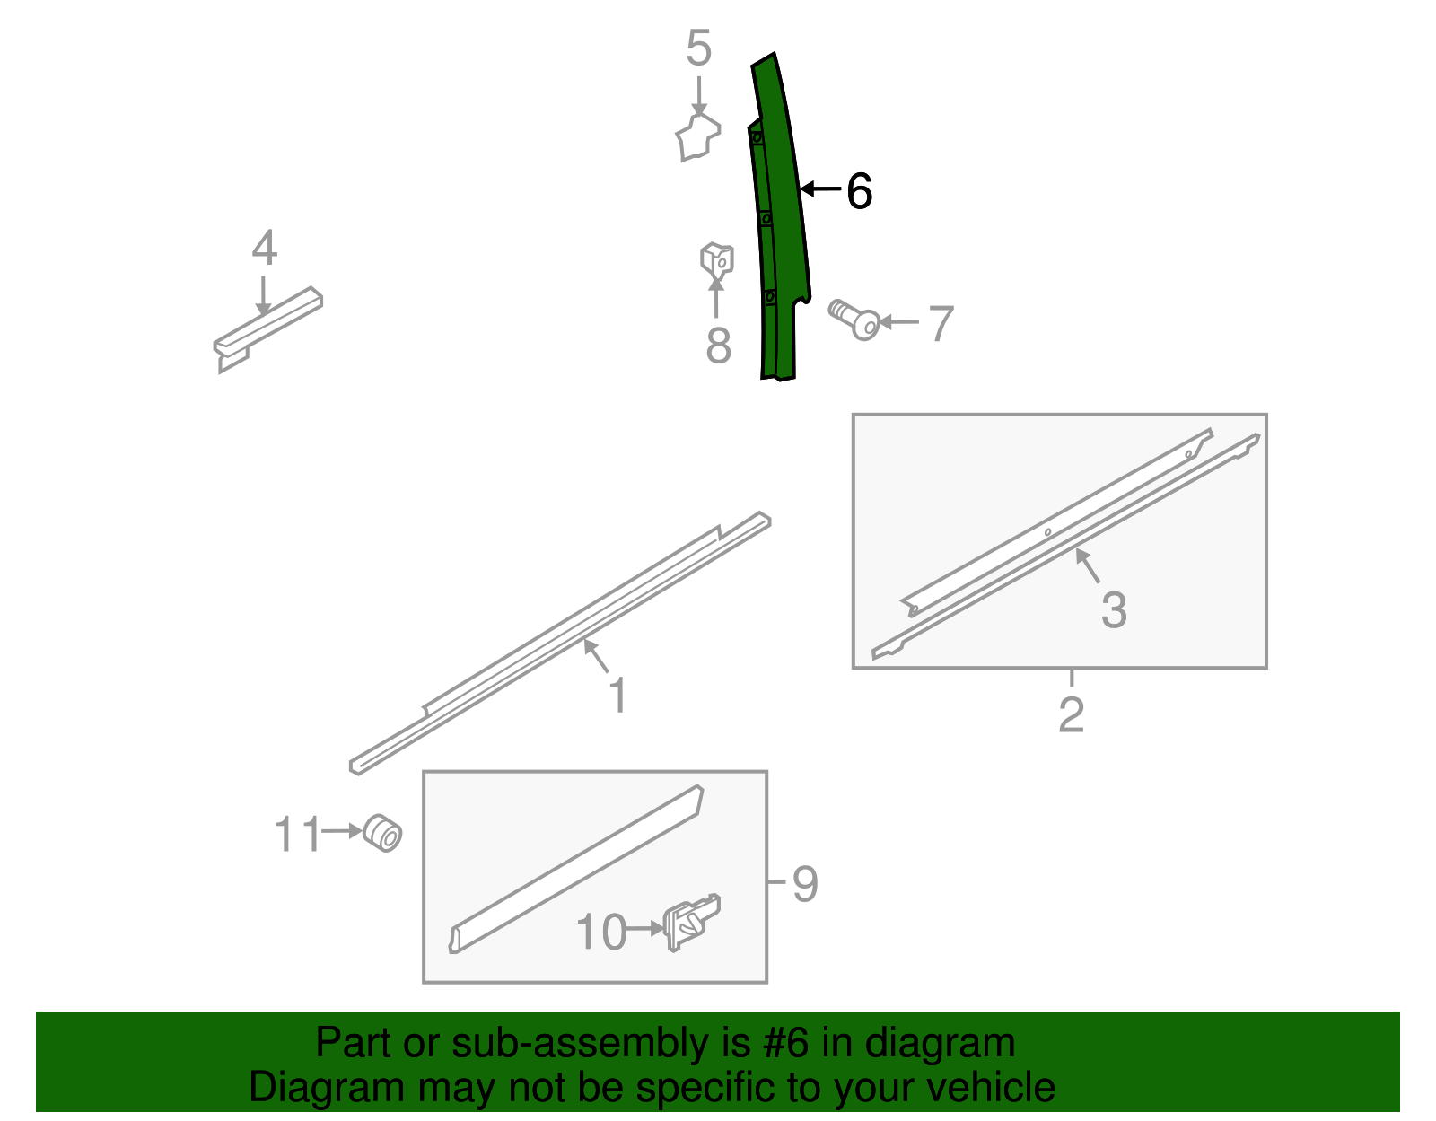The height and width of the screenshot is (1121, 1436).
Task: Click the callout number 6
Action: [859, 191]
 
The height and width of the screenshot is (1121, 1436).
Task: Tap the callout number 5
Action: [698, 48]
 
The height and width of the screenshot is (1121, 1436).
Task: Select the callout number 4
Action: [265, 248]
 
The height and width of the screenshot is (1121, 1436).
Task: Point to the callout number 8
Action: [718, 345]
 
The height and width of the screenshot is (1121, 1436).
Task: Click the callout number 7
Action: [941, 324]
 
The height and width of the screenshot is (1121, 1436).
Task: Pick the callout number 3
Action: [1114, 609]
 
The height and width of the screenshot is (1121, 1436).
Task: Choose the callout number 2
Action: [1072, 714]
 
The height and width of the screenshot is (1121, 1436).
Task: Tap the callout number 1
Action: [617, 695]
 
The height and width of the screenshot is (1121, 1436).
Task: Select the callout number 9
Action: [805, 883]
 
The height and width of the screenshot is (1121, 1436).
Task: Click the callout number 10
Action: [601, 933]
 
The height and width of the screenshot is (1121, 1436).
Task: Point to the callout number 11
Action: [297, 834]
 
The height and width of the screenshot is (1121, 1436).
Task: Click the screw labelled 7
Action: [854, 320]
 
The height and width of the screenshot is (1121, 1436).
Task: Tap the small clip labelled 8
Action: [717, 263]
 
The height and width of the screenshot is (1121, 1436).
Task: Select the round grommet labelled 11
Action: [382, 833]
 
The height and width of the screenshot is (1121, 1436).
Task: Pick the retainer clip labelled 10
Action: [692, 922]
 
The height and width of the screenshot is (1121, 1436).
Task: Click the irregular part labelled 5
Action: [698, 137]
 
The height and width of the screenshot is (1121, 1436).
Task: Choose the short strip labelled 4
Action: [267, 328]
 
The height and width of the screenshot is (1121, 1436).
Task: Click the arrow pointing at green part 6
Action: [820, 188]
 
